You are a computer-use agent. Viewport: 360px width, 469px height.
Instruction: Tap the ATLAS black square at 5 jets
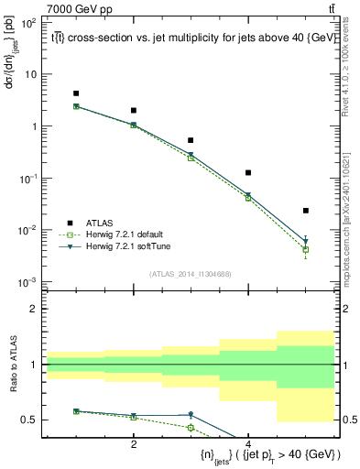(306, 211)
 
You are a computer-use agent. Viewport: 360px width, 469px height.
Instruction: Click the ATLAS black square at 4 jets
(248, 172)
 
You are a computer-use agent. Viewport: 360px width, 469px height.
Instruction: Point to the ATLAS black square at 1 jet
(76, 93)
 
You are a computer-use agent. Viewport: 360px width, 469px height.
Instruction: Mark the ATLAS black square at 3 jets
(191, 140)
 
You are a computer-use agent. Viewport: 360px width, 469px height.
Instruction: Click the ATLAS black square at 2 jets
(134, 110)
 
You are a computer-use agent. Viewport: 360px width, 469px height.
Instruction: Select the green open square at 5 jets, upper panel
(306, 249)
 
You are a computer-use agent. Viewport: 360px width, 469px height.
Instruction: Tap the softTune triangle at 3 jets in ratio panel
(191, 415)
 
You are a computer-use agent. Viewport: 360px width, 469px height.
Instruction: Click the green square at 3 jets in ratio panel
(191, 427)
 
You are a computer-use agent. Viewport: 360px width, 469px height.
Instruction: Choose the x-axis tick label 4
(248, 443)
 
